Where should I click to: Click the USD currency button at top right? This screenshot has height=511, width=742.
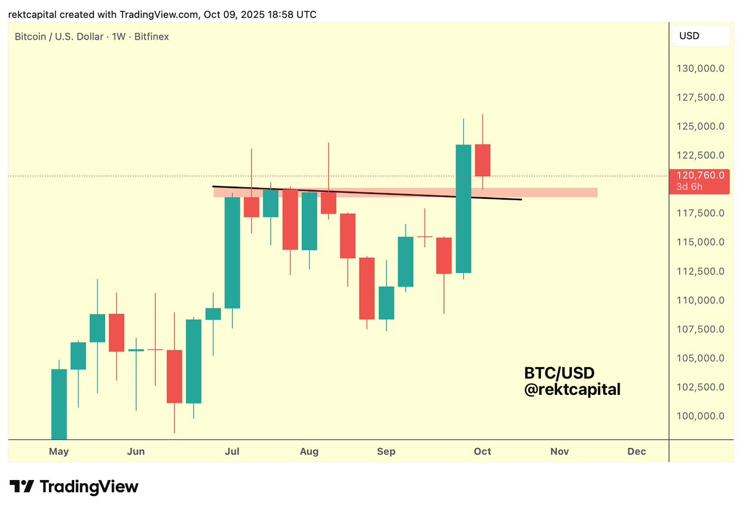pyautogui.click(x=701, y=36)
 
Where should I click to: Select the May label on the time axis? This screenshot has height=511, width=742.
pyautogui.click(x=59, y=452)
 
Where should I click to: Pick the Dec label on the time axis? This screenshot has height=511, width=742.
pyautogui.click(x=636, y=452)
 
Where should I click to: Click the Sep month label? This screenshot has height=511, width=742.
pyautogui.click(x=386, y=452)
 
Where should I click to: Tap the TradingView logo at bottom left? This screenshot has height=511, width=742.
pyautogui.click(x=74, y=487)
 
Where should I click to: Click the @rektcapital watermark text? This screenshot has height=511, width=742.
pyautogui.click(x=572, y=390)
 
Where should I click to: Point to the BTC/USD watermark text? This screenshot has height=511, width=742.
pyautogui.click(x=559, y=373)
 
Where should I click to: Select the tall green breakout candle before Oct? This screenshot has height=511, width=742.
pyautogui.click(x=463, y=208)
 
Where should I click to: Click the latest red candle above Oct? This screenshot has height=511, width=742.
pyautogui.click(x=482, y=160)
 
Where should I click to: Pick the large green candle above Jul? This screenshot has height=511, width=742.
pyautogui.click(x=232, y=252)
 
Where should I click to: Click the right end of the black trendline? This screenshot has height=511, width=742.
pyautogui.click(x=521, y=200)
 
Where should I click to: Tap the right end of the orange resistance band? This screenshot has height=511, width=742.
pyautogui.click(x=596, y=193)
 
